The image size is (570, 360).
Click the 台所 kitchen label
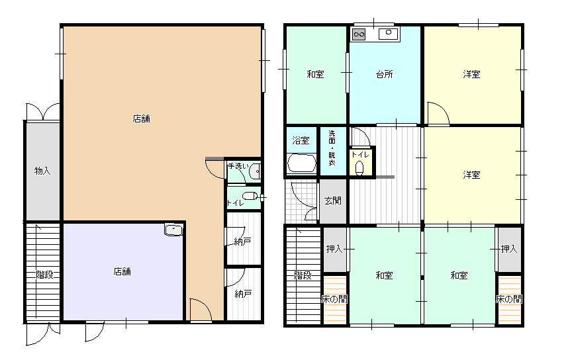(x=384, y=75)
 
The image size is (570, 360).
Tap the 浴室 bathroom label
(x=301, y=140)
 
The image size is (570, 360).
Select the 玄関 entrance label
(x=332, y=201)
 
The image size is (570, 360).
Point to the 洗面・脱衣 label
(x=332, y=148)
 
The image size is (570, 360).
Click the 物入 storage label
(x=42, y=171)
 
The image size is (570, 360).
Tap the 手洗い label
(x=238, y=166)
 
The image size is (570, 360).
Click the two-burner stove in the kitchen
(x=359, y=34)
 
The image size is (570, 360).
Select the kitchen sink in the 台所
(x=388, y=34)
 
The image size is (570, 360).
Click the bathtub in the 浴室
(x=301, y=163)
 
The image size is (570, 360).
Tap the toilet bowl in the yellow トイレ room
(x=359, y=168)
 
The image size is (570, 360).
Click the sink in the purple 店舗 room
(x=173, y=230)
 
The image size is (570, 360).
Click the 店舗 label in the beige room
(x=142, y=119)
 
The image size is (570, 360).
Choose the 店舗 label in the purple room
(x=122, y=272)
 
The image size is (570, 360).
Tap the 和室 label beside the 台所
(x=315, y=75)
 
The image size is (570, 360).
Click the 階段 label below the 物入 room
(x=45, y=275)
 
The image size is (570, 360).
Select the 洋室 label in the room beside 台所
(x=471, y=75)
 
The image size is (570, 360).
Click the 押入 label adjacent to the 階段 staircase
(x=334, y=249)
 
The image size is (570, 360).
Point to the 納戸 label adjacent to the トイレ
(x=242, y=241)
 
